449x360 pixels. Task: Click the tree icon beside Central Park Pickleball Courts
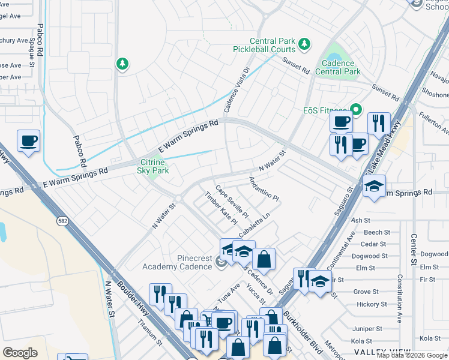point(304,44)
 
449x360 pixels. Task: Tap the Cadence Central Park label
point(340,67)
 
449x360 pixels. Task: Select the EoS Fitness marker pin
point(355,110)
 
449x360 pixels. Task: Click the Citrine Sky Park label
point(154,166)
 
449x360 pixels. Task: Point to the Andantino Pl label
point(264,188)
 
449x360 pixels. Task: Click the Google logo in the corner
point(20,353)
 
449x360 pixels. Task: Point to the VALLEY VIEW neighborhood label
point(382,352)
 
